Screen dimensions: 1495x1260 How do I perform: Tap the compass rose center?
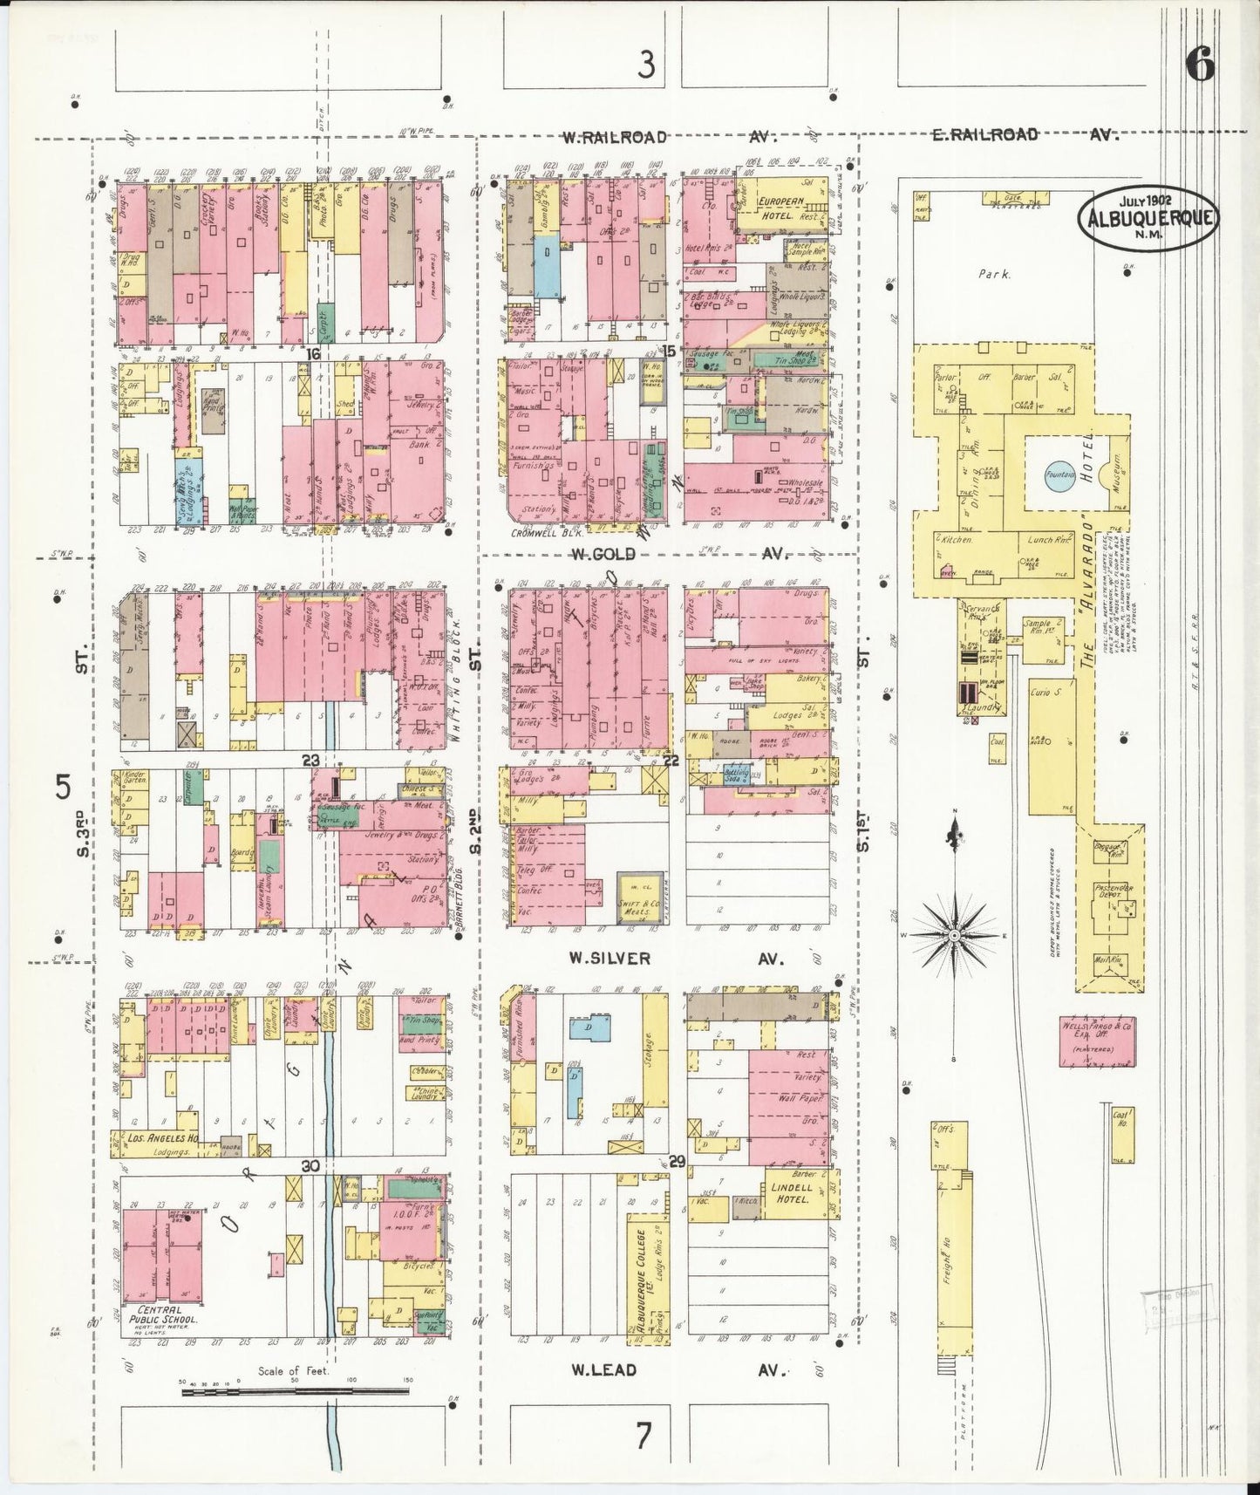pyautogui.click(x=955, y=936)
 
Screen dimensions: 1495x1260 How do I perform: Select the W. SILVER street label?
pyautogui.click(x=610, y=959)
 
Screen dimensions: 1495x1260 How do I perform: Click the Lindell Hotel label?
pyautogui.click(x=791, y=1193)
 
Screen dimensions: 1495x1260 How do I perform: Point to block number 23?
pyautogui.click(x=311, y=760)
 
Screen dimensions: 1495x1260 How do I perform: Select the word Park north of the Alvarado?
pyautogui.click(x=994, y=274)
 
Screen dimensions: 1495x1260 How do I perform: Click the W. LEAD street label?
pyautogui.click(x=603, y=1369)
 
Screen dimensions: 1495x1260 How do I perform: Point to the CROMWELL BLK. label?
pyautogui.click(x=542, y=533)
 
